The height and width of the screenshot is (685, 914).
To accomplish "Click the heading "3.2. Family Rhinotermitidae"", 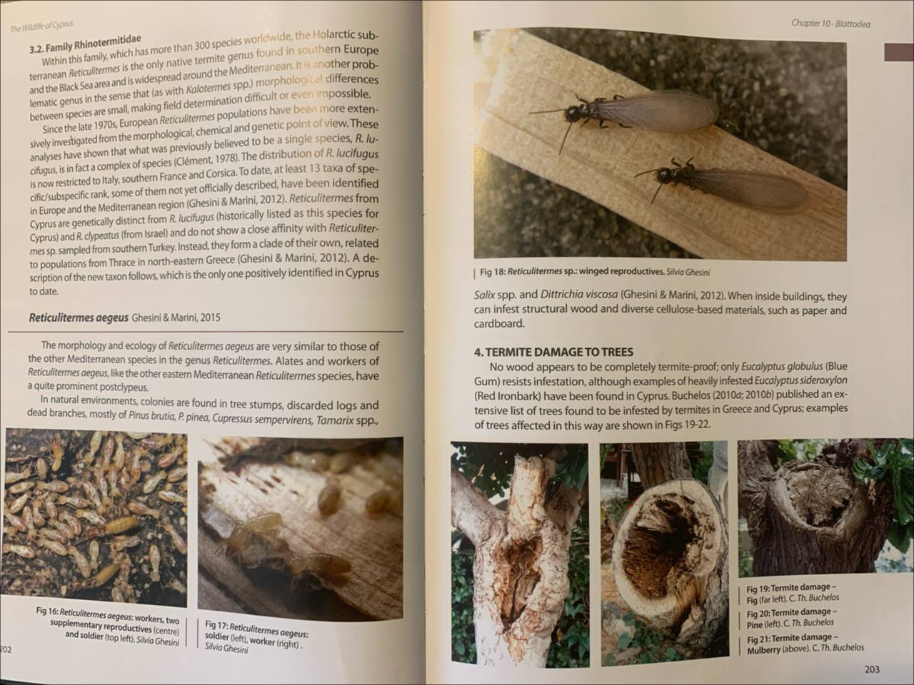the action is tap(85, 44).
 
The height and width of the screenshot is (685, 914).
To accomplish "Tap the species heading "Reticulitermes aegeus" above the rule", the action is tap(79, 318).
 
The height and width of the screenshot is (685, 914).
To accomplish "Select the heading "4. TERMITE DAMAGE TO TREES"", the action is tap(553, 352).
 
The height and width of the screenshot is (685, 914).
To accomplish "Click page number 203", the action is tap(872, 669).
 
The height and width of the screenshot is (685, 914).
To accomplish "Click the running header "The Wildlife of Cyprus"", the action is tap(41, 26).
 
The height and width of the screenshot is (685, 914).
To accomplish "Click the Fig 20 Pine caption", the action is tap(790, 618).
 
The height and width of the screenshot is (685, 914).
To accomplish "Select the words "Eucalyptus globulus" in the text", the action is tap(782, 367).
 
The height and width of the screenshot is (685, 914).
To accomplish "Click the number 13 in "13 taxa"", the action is tap(313, 170).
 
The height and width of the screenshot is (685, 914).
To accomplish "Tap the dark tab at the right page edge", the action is tap(898, 52).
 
